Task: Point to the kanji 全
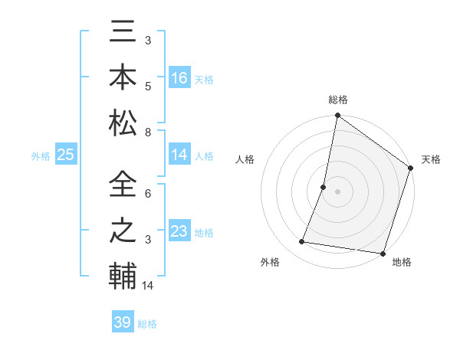click(x=123, y=186)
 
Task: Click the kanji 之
click(x=123, y=231)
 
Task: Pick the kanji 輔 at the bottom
click(x=123, y=275)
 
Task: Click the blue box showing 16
click(x=179, y=77)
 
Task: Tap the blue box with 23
click(x=179, y=231)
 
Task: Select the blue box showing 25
click(x=66, y=155)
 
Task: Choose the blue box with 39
click(x=123, y=322)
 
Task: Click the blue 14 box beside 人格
click(x=179, y=155)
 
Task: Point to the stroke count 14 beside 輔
click(x=149, y=286)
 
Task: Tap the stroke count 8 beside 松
click(x=148, y=133)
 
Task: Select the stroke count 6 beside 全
click(x=148, y=195)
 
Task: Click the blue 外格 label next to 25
click(x=41, y=156)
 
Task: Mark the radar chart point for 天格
click(x=411, y=169)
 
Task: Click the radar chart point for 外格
click(x=302, y=242)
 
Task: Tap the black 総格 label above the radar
click(x=338, y=100)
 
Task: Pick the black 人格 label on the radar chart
click(x=245, y=159)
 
